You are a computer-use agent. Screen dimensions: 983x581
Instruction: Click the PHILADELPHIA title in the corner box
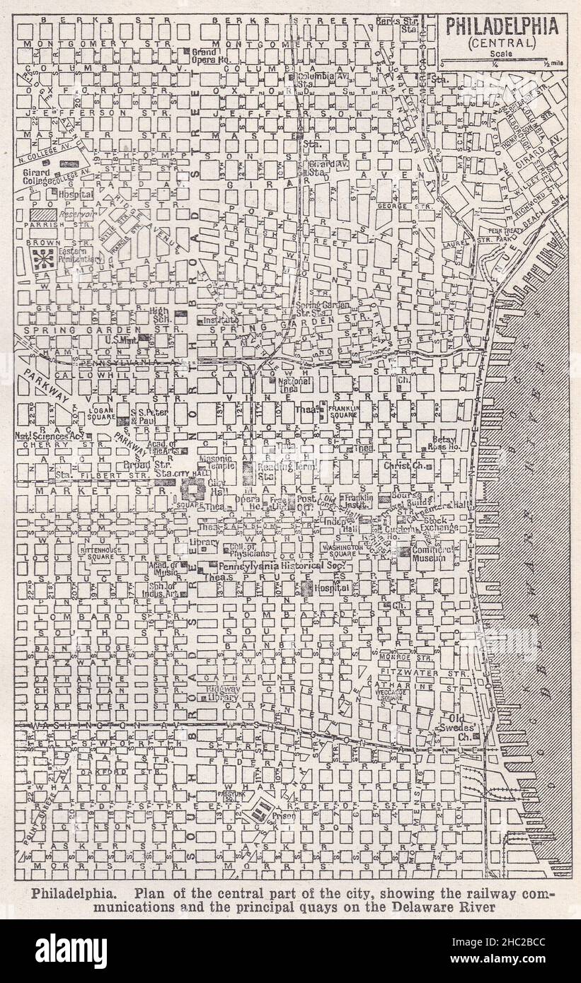(x=501, y=26)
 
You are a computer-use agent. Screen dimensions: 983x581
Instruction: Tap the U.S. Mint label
(x=117, y=341)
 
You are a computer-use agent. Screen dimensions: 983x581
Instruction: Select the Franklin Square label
(x=343, y=412)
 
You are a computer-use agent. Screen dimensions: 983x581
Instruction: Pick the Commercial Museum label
(x=433, y=554)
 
